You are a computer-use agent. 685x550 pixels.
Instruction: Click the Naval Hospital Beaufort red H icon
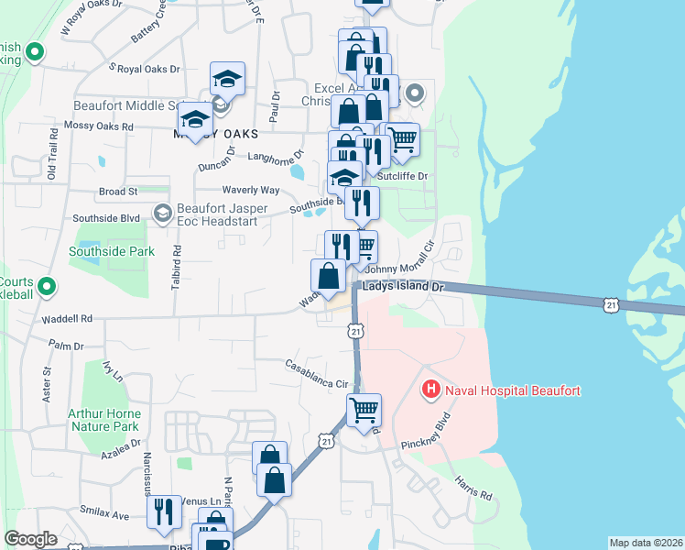pyautogui.click(x=429, y=390)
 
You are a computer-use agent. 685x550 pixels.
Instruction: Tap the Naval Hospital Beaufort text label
pyautogui.click(x=512, y=391)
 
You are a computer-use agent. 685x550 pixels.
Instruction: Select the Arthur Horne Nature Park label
pyautogui.click(x=103, y=420)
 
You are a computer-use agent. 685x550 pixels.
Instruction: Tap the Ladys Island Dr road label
pyautogui.click(x=403, y=287)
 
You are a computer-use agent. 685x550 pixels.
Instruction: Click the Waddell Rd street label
pyautogui.click(x=67, y=319)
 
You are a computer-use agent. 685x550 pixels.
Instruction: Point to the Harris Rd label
pyautogui.click(x=473, y=489)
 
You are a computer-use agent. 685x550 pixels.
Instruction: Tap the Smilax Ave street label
pyautogui.click(x=107, y=515)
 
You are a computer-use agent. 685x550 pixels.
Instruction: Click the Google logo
pyautogui.click(x=30, y=539)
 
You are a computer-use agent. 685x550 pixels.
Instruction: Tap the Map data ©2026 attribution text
pyautogui.click(x=646, y=543)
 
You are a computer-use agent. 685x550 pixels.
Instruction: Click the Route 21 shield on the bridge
pyautogui.click(x=612, y=303)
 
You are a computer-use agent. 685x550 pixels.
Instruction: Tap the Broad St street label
pyautogui.click(x=117, y=192)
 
